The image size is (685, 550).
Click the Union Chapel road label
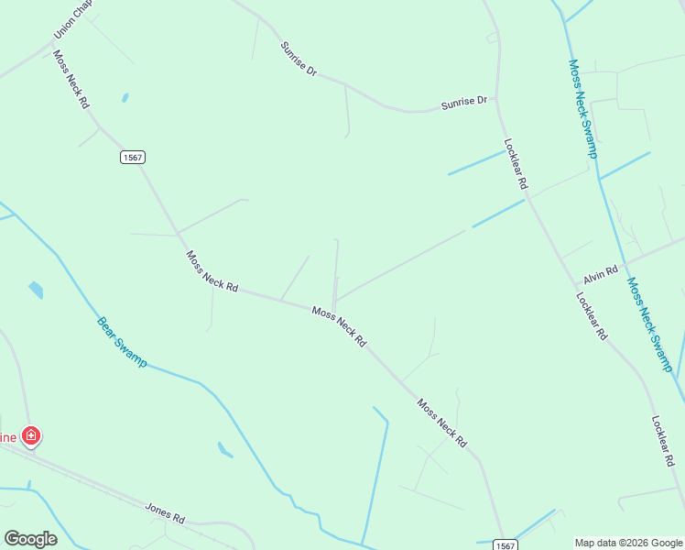[70, 21]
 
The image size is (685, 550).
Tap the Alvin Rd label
[601, 271]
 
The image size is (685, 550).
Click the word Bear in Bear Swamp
[107, 326]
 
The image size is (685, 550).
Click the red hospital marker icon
[31, 435]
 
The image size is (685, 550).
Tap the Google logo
[30, 538]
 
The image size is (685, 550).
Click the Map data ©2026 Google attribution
[628, 543]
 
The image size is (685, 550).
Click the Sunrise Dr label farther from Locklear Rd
[299, 58]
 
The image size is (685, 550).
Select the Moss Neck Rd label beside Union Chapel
[71, 80]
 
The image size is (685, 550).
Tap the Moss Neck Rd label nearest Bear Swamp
[212, 271]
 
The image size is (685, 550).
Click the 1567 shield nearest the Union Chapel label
[132, 158]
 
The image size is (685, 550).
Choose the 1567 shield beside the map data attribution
[506, 544]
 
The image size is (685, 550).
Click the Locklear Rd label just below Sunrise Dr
[516, 164]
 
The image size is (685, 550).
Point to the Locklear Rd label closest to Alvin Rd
[591, 315]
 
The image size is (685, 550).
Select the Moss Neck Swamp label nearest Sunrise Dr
[582, 109]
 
